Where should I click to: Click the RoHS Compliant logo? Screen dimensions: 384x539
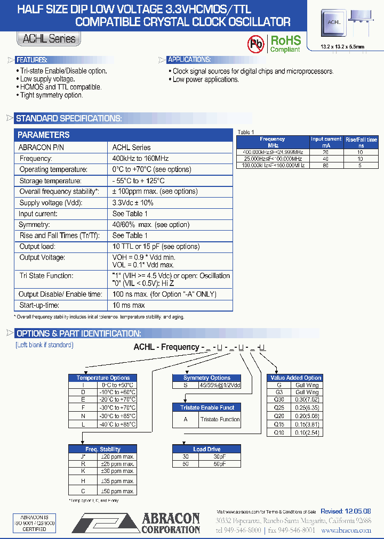coord(285,44)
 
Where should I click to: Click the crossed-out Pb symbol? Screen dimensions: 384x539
coord(256,44)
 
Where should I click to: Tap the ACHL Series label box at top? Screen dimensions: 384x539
coord(49,38)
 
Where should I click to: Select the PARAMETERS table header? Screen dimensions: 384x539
coord(44,135)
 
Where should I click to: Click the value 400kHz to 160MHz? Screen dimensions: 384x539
coord(140,158)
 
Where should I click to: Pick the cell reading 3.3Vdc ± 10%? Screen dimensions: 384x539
coord(133,202)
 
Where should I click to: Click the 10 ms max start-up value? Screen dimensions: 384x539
coord(129,305)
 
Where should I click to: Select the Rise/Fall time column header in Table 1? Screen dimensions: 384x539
coord(361,142)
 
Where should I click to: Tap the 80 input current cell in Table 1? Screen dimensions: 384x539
coord(326,165)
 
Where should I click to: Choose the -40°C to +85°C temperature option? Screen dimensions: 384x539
coord(118,424)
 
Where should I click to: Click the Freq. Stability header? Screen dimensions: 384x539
coord(103,449)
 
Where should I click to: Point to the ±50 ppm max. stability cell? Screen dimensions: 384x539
coord(118,491)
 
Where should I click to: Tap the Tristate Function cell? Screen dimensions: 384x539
coord(220,419)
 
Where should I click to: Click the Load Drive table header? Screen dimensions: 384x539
coord(206,449)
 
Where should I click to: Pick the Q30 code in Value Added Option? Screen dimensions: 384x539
coord(278,399)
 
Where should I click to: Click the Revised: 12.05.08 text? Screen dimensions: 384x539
coord(346,511)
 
